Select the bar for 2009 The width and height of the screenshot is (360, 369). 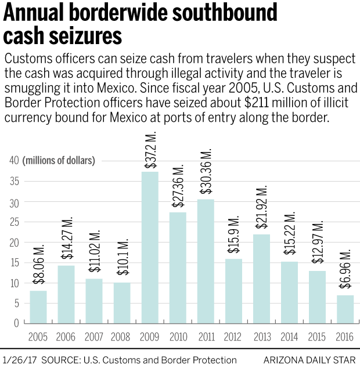(150, 247)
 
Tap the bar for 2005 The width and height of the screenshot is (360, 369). (38, 306)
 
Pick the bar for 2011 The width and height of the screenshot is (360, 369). (206, 261)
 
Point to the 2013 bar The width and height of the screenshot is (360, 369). (262, 278)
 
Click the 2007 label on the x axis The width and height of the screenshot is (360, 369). (94, 337)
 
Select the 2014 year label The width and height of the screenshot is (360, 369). (290, 337)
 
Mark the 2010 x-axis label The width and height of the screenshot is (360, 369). (178, 337)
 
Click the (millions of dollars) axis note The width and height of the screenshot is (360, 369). (59, 161)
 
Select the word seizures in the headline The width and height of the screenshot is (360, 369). (82, 36)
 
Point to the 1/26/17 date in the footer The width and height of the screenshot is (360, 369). (18, 360)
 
